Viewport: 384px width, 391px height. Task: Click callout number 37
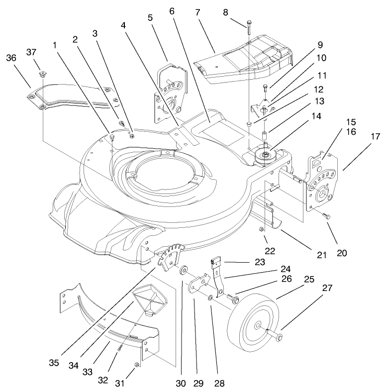(31, 53)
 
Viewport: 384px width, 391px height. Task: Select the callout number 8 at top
(225, 12)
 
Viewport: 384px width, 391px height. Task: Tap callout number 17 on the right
(375, 136)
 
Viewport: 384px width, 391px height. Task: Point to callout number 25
(309, 279)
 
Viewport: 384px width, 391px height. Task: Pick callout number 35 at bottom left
(54, 363)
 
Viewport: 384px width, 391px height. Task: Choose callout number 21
(322, 255)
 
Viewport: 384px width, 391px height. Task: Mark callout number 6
(172, 11)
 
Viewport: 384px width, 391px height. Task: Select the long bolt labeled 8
(249, 27)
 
